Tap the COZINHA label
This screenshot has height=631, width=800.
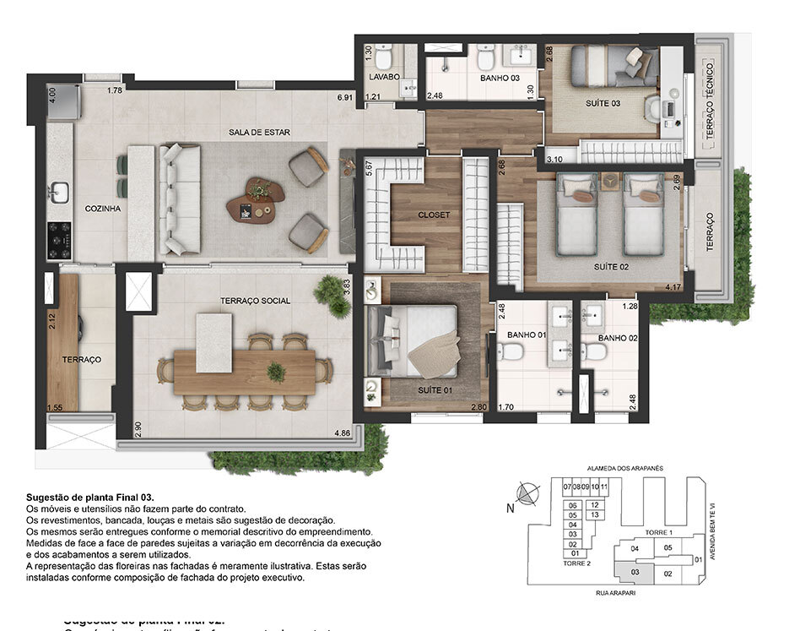tap(103, 208)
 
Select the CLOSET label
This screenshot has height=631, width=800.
tap(434, 215)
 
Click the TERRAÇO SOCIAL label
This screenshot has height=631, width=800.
tap(255, 301)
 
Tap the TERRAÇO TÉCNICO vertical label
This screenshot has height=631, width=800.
tap(710, 101)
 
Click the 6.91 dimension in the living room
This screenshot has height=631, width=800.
tap(344, 98)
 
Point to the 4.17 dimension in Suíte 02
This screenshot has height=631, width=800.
tap(673, 288)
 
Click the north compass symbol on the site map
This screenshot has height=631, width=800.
tap(524, 492)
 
